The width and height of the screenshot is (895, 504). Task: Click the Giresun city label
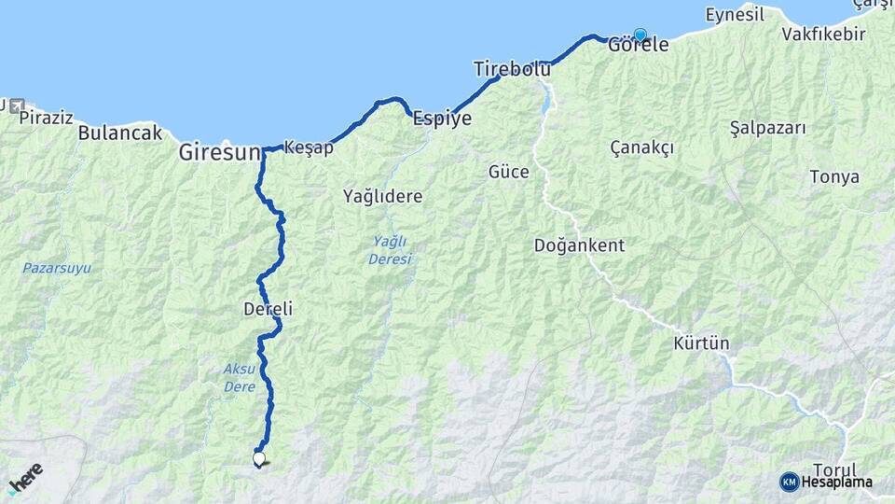(x=218, y=150)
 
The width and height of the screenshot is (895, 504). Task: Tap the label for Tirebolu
(x=512, y=68)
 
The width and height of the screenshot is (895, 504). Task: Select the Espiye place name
(x=443, y=119)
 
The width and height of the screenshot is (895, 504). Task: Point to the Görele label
(x=639, y=45)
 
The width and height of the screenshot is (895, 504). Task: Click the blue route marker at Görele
(x=640, y=35)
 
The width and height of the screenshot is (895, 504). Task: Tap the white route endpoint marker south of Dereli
(x=258, y=458)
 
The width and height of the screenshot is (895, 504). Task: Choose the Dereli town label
(x=268, y=309)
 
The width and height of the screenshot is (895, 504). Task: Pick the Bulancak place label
(x=120, y=133)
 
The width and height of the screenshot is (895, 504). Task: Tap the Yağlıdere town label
(x=382, y=197)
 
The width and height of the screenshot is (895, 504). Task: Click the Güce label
(x=508, y=172)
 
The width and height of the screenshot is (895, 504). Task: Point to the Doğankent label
(x=579, y=245)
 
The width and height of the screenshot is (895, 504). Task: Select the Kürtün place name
(x=701, y=343)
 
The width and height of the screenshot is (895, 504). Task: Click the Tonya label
(x=834, y=177)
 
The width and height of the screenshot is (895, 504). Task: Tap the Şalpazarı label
(x=767, y=128)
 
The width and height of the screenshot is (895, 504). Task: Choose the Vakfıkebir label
(x=823, y=35)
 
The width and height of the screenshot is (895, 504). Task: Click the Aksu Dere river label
(x=240, y=375)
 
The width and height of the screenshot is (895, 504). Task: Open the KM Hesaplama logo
(x=826, y=482)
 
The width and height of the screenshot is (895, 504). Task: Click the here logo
(x=25, y=478)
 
